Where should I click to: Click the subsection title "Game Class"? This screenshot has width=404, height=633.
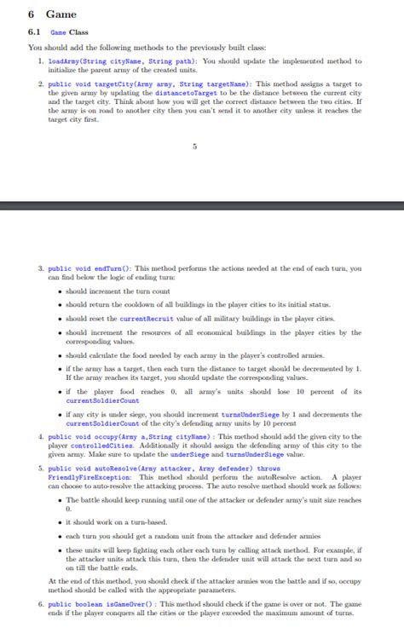click(x=70, y=32)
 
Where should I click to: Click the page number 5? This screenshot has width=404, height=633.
click(x=195, y=147)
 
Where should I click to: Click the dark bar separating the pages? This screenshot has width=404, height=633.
click(x=202, y=206)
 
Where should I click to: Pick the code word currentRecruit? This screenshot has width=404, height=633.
click(x=150, y=319)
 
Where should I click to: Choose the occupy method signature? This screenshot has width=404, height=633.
click(x=129, y=436)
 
